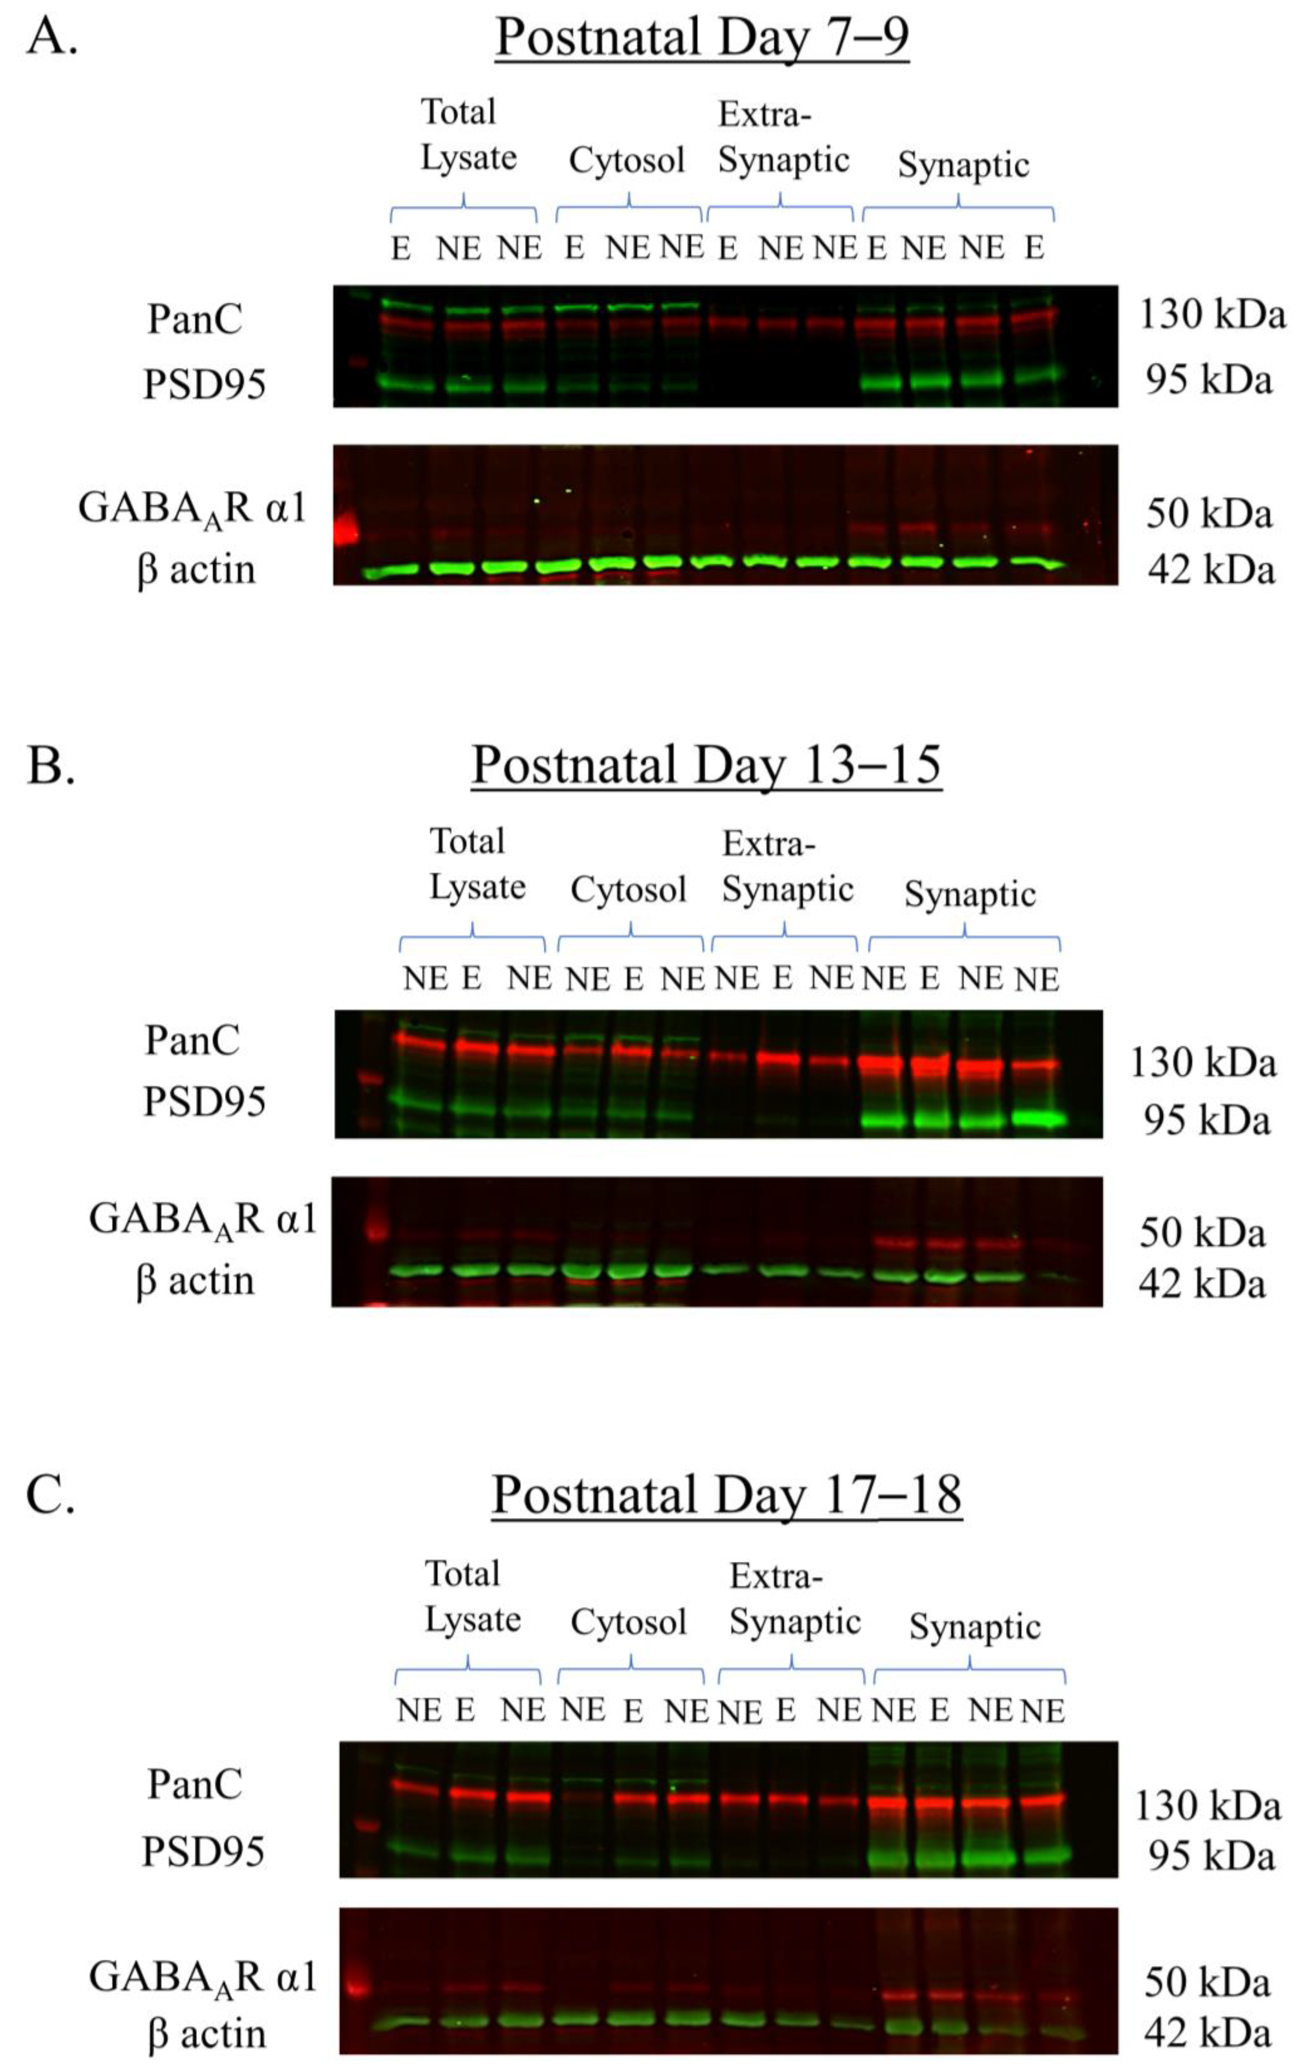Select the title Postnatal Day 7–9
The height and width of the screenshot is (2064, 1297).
coord(701,38)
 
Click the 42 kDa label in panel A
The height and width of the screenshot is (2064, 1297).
coord(1210,570)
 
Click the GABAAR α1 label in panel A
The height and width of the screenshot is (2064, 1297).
coord(192,509)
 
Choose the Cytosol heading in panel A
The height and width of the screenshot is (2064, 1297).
coord(627,160)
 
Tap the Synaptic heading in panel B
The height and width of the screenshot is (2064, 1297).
coord(970,894)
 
